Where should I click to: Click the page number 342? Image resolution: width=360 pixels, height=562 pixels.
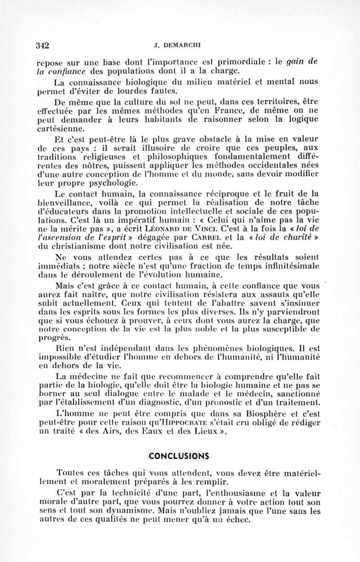[42, 45]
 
